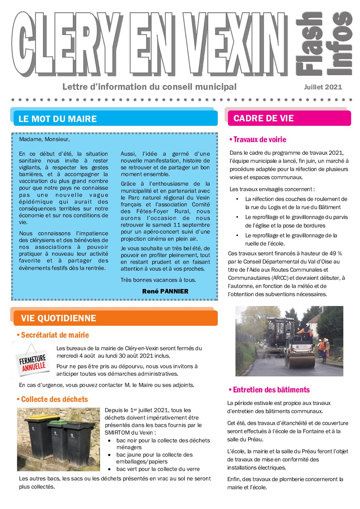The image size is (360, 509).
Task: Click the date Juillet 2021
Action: click(x=323, y=87)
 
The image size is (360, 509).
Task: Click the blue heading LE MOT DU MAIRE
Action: click(x=58, y=119)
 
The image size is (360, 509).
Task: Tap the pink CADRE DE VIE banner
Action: click(x=263, y=118)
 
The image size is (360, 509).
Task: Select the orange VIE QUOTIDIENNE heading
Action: click(x=58, y=318)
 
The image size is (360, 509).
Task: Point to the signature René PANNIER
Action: click(x=165, y=291)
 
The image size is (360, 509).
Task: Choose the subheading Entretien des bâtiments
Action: click(x=271, y=390)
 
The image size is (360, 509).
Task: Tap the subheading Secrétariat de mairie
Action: click(x=54, y=335)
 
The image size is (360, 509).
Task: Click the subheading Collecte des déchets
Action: click(x=54, y=400)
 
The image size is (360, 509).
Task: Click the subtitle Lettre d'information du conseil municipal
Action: click(x=149, y=87)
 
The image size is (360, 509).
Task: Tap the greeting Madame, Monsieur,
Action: click(x=44, y=139)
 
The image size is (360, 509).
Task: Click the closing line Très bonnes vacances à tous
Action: click(x=158, y=280)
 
